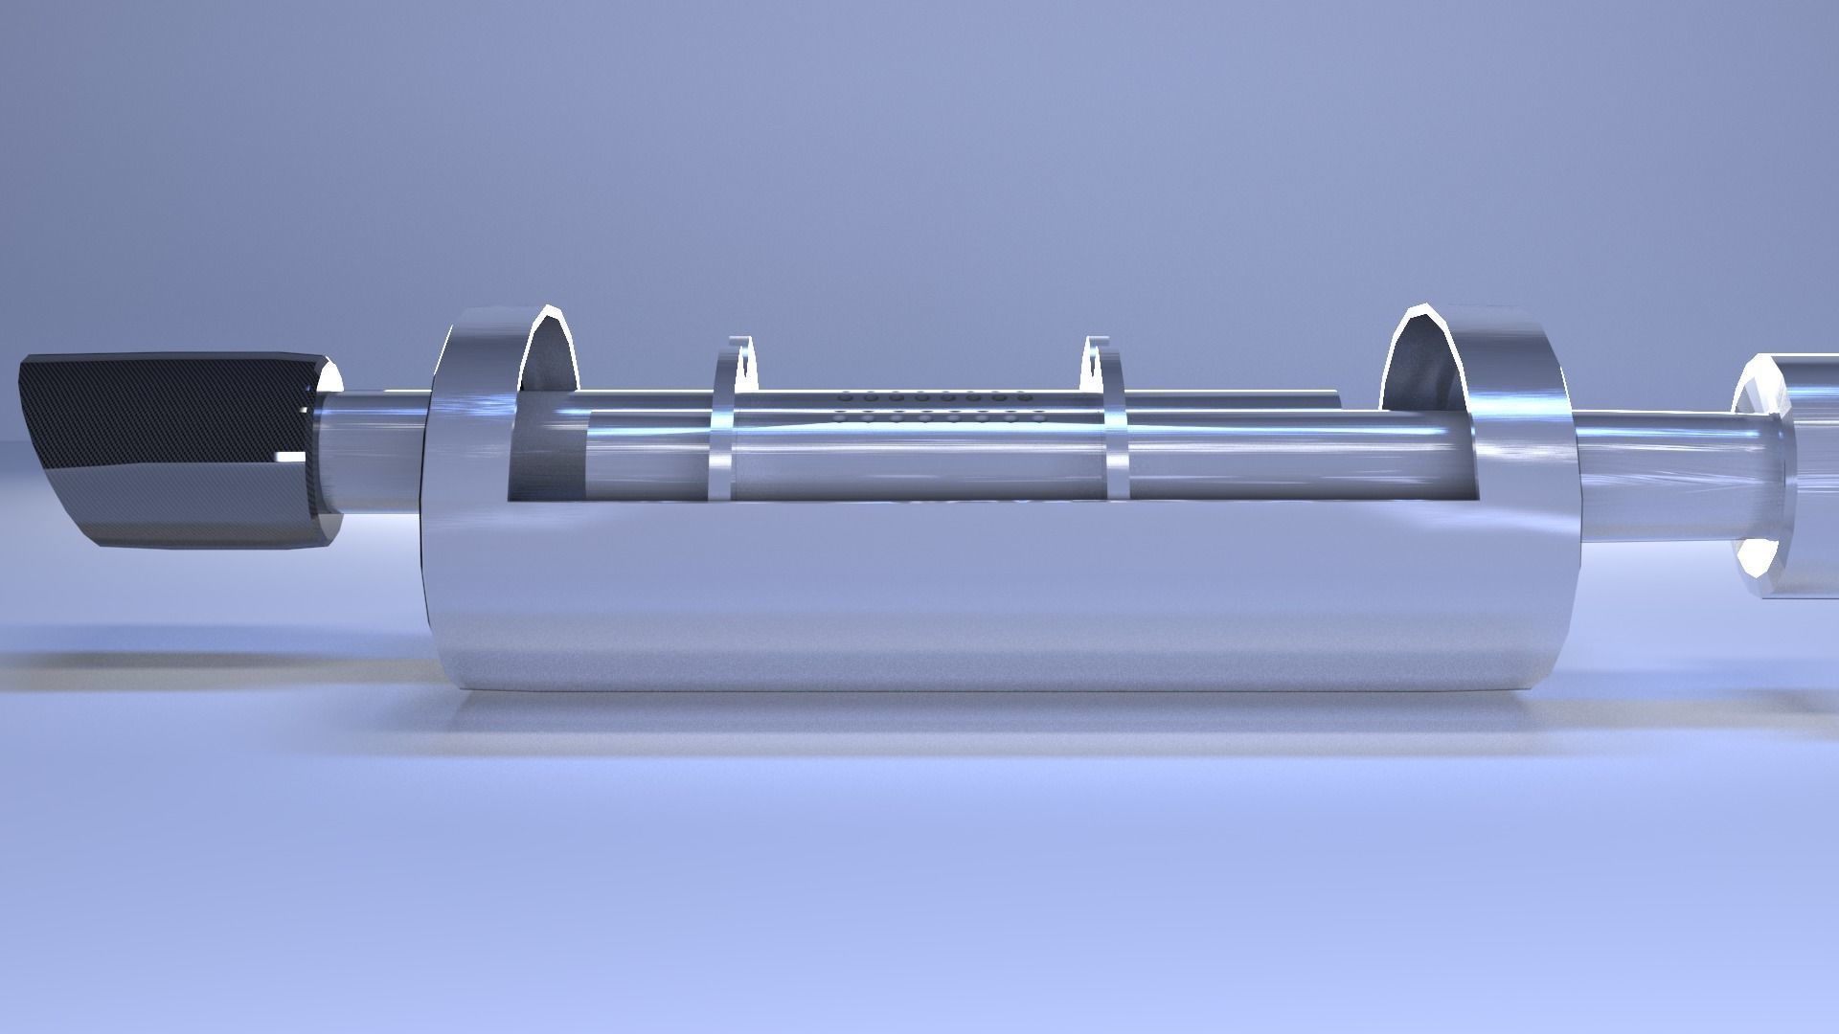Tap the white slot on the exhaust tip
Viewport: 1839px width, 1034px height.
[287, 452]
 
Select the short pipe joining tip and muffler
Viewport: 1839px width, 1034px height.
[374, 450]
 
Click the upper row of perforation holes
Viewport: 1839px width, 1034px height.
[934, 395]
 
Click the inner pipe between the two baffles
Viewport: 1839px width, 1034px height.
[919, 460]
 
